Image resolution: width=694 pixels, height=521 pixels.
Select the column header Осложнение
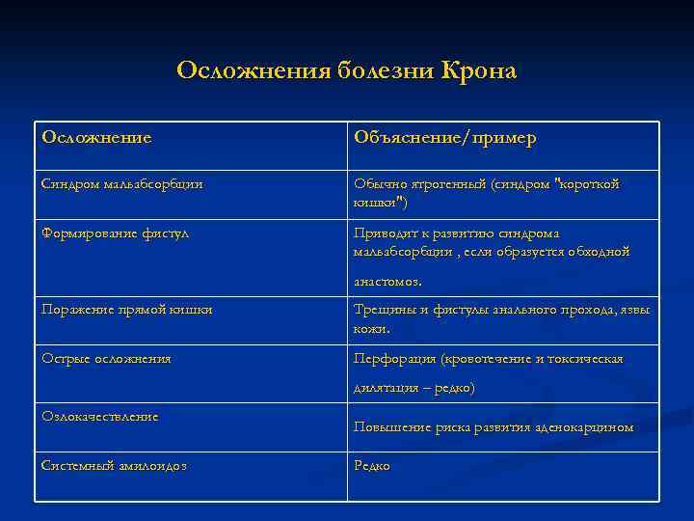tap(96, 138)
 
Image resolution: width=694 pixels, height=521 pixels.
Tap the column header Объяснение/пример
tap(444, 138)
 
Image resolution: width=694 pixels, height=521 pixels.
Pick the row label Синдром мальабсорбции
tap(121, 183)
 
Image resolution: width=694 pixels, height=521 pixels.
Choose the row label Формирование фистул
tap(115, 233)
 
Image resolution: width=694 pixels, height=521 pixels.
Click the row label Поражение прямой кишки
tap(126, 310)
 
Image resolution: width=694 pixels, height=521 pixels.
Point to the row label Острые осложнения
tap(106, 358)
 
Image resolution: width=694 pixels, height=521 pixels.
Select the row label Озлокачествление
tap(99, 416)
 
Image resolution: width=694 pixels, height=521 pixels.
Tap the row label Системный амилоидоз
tap(114, 465)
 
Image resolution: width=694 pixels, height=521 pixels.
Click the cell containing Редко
tap(372, 465)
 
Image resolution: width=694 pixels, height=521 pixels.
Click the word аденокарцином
tap(587, 426)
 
